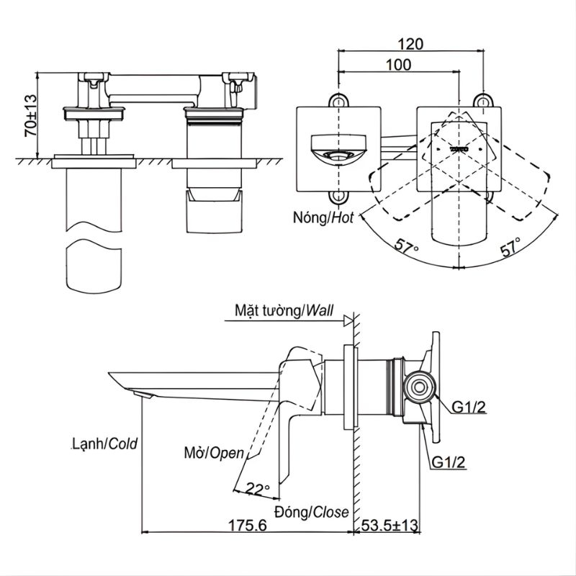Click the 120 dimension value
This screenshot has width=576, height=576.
click(x=410, y=44)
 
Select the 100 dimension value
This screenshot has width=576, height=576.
click(x=399, y=65)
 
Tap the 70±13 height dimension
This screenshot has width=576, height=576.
click(x=30, y=116)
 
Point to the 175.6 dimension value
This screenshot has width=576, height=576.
click(x=248, y=526)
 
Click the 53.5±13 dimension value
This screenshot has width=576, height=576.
click(x=390, y=526)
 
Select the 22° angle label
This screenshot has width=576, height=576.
click(x=258, y=490)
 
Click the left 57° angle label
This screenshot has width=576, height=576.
click(x=407, y=246)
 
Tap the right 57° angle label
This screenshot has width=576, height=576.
click(x=510, y=246)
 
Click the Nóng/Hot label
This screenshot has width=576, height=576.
click(x=323, y=218)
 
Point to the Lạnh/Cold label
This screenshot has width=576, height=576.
click(x=104, y=444)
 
